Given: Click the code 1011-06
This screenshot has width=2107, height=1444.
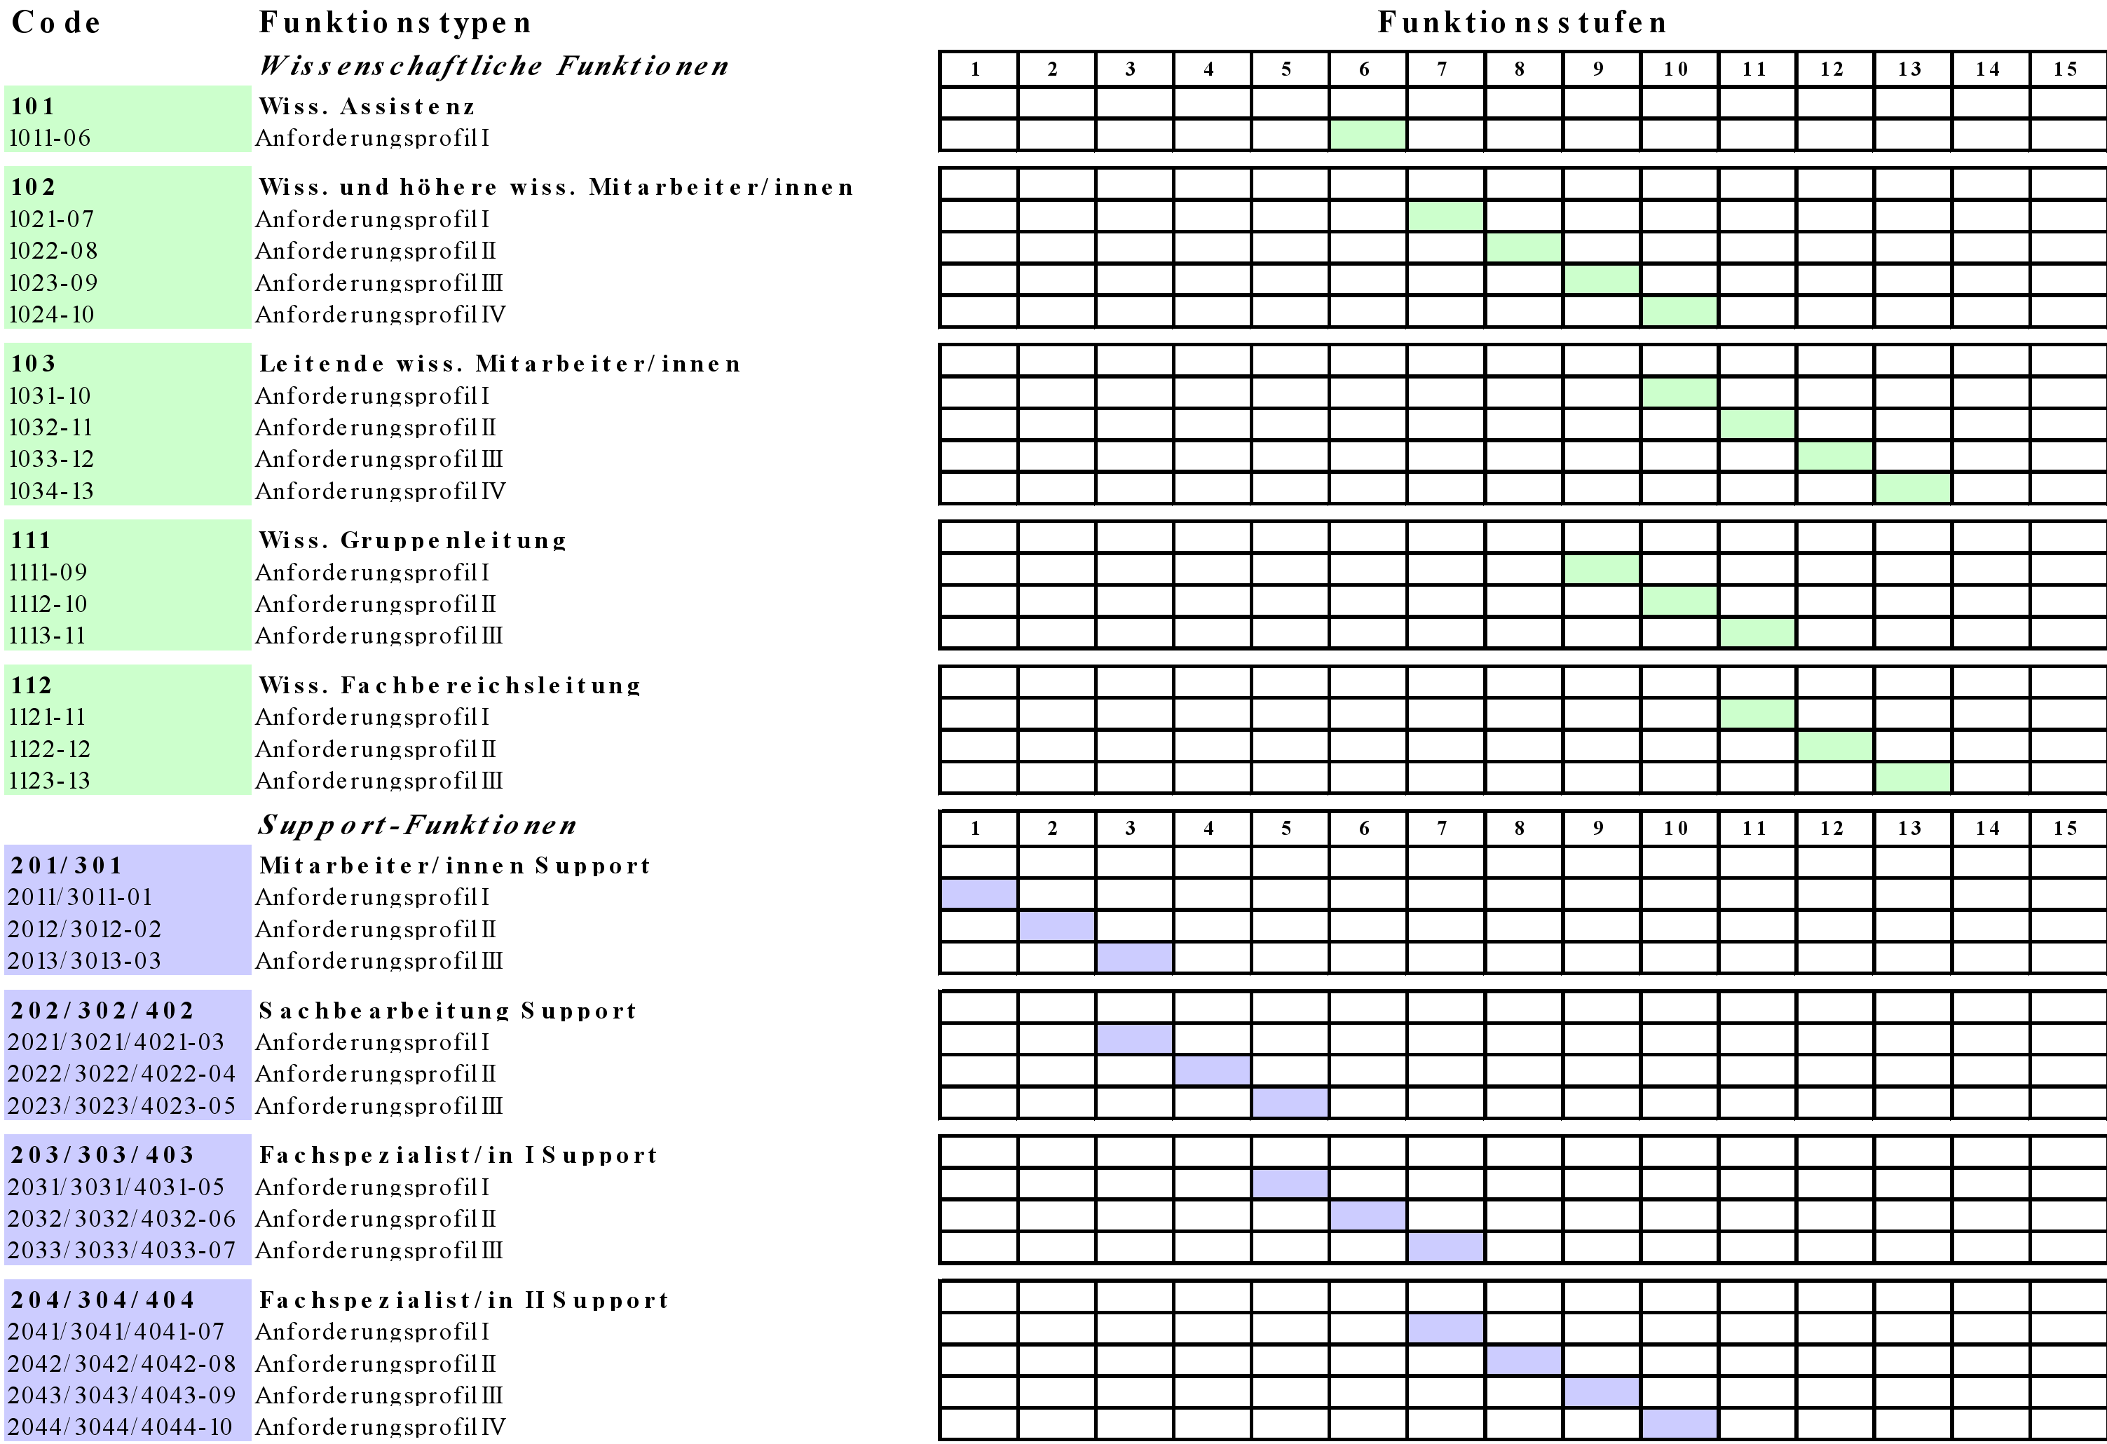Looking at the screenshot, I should (50, 139).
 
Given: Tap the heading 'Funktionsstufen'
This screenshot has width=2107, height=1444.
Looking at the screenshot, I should (1521, 22).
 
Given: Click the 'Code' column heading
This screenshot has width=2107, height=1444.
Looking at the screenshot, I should (55, 22).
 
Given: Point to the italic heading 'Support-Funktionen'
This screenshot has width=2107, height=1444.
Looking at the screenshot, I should (417, 825).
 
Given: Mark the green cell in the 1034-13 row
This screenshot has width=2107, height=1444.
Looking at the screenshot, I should (1912, 489).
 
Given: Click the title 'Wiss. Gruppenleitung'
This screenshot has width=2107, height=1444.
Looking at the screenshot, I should (413, 541).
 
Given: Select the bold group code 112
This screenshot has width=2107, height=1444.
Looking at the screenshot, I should (32, 686).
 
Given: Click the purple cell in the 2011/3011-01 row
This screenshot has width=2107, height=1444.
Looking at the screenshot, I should (979, 894).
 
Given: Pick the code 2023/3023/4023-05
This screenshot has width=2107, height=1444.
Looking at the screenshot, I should (121, 1107).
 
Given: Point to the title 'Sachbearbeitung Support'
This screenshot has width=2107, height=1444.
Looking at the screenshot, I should (448, 1012).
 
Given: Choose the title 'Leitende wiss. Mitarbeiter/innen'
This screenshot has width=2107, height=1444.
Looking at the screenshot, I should (500, 365).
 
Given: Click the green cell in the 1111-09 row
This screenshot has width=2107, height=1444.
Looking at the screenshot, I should (1601, 570).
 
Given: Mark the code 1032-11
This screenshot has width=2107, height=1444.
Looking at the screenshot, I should (50, 428).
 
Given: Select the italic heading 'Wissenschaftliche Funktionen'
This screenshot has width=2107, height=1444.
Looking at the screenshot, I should (494, 66).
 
